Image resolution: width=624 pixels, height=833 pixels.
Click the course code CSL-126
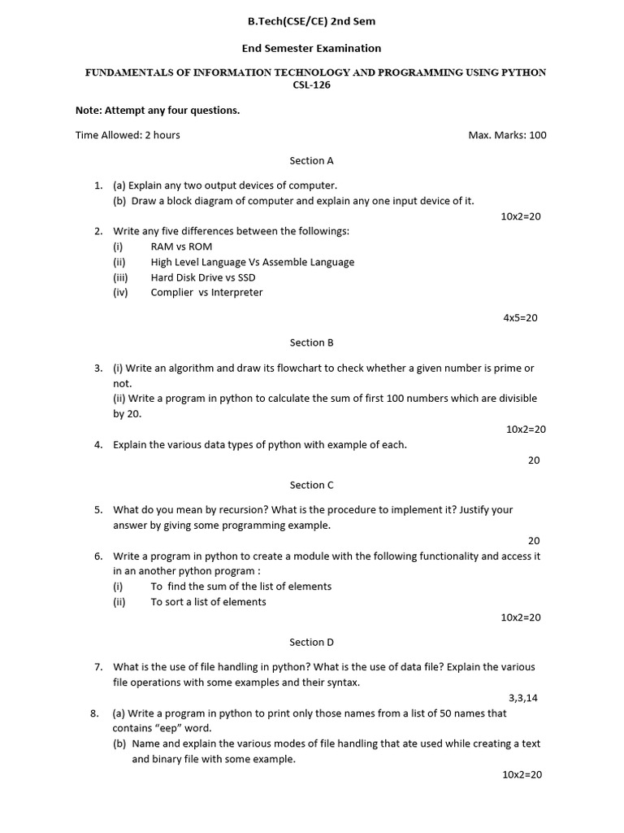pyautogui.click(x=312, y=85)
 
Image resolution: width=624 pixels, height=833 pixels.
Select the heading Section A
pyautogui.click(x=312, y=160)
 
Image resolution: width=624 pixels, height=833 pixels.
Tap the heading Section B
pyautogui.click(x=312, y=342)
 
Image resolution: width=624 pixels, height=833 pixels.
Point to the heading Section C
pyautogui.click(x=312, y=485)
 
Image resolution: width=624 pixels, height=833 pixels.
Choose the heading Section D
pyautogui.click(x=312, y=642)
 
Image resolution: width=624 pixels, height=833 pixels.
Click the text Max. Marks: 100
pyautogui.click(x=507, y=135)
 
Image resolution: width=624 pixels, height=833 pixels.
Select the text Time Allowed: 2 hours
pyautogui.click(x=128, y=135)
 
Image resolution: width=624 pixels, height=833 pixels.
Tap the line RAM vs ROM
pyautogui.click(x=181, y=246)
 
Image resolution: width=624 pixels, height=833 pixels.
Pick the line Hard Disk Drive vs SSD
pyautogui.click(x=203, y=277)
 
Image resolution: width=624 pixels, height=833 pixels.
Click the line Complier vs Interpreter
pyautogui.click(x=206, y=293)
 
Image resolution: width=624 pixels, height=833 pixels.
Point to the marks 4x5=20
pyautogui.click(x=520, y=318)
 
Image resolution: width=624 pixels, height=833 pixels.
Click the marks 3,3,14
pyautogui.click(x=523, y=698)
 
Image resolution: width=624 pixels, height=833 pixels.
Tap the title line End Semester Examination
pyautogui.click(x=311, y=49)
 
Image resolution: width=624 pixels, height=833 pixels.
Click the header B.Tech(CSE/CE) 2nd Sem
pyautogui.click(x=311, y=21)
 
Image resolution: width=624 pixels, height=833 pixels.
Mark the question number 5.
pyautogui.click(x=97, y=510)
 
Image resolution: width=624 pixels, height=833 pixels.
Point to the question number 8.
pyautogui.click(x=94, y=713)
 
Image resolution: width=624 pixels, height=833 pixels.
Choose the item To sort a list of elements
pyautogui.click(x=208, y=602)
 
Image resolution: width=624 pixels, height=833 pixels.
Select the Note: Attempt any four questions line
pyautogui.click(x=158, y=111)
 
